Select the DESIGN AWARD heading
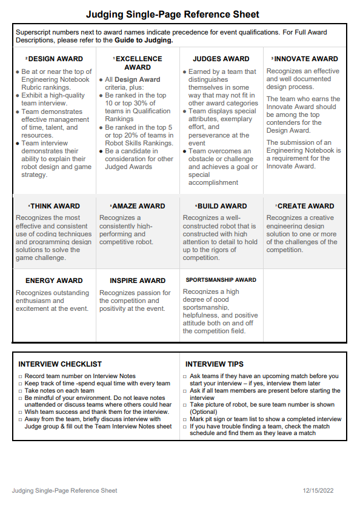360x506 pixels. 55,59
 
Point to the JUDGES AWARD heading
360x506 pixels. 221,59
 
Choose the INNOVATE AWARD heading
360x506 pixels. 305,59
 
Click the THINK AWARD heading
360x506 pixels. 55,206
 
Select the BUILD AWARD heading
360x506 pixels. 221,206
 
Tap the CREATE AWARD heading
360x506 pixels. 305,206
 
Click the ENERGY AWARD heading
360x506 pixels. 53,281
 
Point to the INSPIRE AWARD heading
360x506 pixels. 138,281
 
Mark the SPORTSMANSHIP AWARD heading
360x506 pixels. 221,280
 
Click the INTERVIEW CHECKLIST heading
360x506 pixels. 60,364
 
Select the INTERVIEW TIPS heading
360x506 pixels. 215,364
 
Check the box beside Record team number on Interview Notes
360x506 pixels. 20,376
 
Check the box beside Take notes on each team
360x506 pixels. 20,391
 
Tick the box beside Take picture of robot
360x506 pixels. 184,405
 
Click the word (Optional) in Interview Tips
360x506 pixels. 204,412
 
